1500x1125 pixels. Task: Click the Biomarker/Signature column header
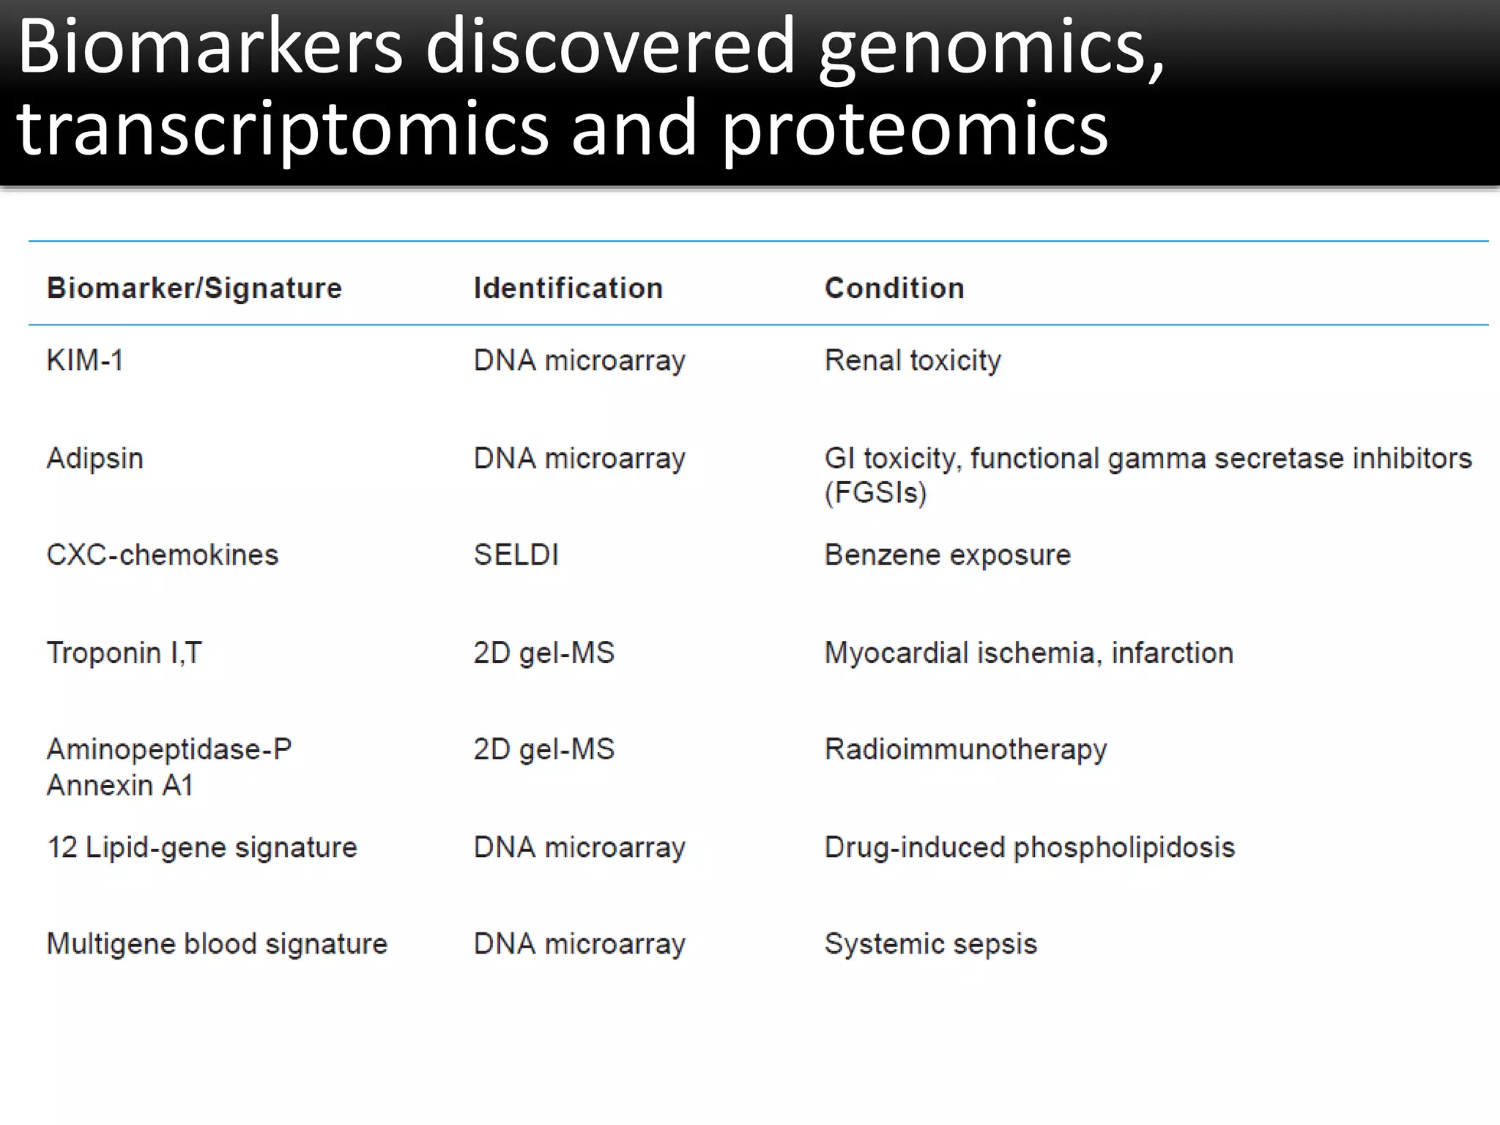[x=194, y=288]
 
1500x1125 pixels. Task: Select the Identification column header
[x=568, y=288]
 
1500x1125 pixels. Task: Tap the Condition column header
[x=894, y=288]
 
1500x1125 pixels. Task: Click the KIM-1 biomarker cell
[x=85, y=360]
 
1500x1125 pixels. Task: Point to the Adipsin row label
[x=95, y=458]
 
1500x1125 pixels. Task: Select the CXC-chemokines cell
[x=162, y=555]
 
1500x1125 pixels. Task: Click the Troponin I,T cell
[x=124, y=653]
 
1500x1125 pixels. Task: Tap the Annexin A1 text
[x=120, y=785]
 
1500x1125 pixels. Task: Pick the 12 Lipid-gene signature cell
[x=201, y=847]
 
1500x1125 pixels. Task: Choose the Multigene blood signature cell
[x=217, y=944]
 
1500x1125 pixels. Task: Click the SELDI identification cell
[x=516, y=555]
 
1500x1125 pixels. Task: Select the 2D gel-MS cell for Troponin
[x=543, y=653]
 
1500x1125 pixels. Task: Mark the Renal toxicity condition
[x=912, y=360]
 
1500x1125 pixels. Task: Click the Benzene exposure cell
[x=947, y=555]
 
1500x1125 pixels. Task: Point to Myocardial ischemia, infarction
[x=1028, y=653]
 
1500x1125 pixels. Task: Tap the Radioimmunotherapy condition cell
[x=965, y=749]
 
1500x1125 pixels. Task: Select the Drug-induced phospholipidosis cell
[x=1029, y=847]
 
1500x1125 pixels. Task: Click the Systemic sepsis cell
[x=930, y=944]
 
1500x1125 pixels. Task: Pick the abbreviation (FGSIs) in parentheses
[x=875, y=492]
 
